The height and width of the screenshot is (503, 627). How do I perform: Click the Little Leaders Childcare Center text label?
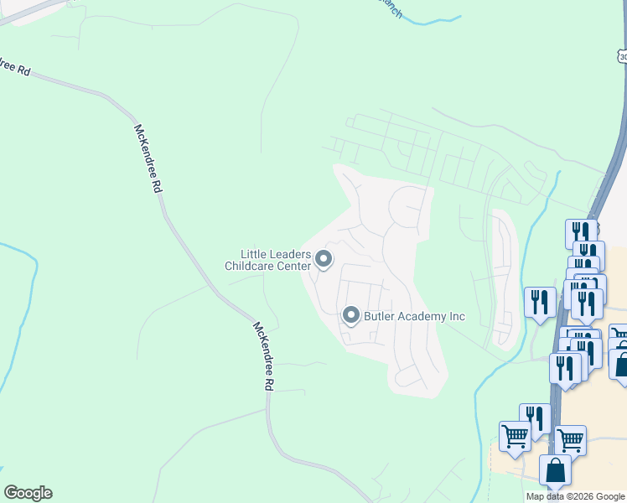click(267, 260)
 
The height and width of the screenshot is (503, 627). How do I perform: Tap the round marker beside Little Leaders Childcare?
click(324, 262)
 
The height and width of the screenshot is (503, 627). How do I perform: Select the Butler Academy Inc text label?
click(414, 317)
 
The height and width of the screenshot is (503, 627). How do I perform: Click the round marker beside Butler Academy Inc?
click(350, 316)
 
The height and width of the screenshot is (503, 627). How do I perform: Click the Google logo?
click(28, 493)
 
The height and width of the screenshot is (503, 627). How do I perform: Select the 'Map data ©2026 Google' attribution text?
click(576, 496)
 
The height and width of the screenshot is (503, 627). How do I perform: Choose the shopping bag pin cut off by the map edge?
click(620, 365)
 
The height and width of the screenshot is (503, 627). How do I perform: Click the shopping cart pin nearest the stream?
click(514, 435)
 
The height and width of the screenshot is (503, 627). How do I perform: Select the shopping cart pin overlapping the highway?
click(570, 439)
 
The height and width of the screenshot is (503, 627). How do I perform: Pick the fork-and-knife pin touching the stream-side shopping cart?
click(534, 418)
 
